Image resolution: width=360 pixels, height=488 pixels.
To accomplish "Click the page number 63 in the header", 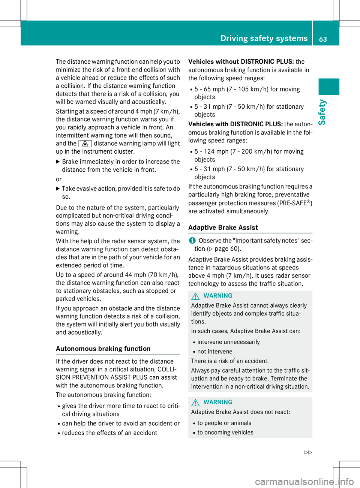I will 323,39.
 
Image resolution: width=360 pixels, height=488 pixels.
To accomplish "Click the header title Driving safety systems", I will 264,38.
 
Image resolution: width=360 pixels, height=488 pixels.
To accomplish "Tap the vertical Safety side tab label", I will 322,112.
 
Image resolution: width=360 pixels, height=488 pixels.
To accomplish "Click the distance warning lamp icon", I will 85,144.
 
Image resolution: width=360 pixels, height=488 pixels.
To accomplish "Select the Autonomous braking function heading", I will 103,349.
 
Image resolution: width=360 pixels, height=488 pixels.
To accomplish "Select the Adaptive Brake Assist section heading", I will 223,228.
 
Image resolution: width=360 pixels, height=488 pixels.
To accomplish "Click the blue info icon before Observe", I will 192,240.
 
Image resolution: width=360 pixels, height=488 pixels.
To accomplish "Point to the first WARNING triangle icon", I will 195,296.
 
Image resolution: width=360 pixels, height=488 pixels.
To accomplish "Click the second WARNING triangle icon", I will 195,403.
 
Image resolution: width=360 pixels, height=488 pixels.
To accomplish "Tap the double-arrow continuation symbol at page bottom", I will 308,452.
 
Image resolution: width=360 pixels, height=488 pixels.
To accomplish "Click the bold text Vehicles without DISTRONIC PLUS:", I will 241,62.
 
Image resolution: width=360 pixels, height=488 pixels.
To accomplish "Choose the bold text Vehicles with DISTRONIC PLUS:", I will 235,124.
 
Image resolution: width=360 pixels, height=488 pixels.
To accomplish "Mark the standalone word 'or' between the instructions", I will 59,179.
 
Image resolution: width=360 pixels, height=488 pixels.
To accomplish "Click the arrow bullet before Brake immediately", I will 58,162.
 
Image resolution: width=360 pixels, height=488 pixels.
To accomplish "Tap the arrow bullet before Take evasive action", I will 58,189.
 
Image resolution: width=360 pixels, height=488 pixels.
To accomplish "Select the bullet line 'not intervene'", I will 214,352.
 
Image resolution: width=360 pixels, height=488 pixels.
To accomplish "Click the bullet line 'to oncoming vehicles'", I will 225,433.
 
